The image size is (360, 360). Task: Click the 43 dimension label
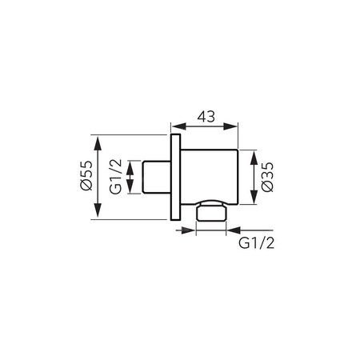click(206, 117)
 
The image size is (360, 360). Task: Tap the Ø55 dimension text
click(86, 176)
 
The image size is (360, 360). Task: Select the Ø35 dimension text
click(267, 177)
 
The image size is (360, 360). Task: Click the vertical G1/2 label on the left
click(115, 176)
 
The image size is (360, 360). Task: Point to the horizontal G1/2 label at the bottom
click(256, 243)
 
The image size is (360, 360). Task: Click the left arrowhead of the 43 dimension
click(178, 126)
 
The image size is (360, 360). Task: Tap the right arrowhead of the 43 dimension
click(230, 126)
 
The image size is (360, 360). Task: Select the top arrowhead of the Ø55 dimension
click(98, 143)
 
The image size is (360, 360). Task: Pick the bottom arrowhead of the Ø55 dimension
click(98, 210)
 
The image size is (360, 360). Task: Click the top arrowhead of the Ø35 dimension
click(254, 158)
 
